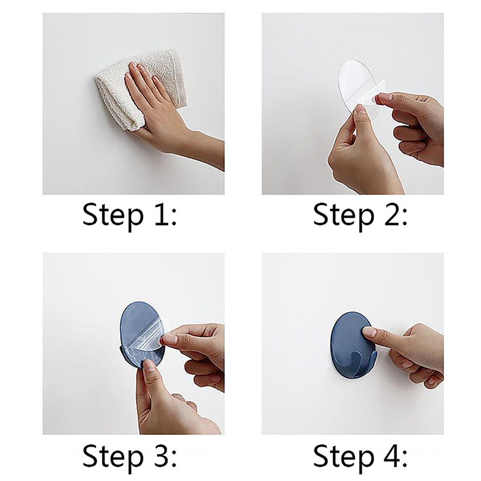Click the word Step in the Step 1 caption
coord(113,215)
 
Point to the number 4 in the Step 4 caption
coord(390,455)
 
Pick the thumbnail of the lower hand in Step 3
coord(149,365)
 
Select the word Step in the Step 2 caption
coord(343,215)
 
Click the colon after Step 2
coord(404,217)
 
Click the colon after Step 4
coord(404,459)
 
